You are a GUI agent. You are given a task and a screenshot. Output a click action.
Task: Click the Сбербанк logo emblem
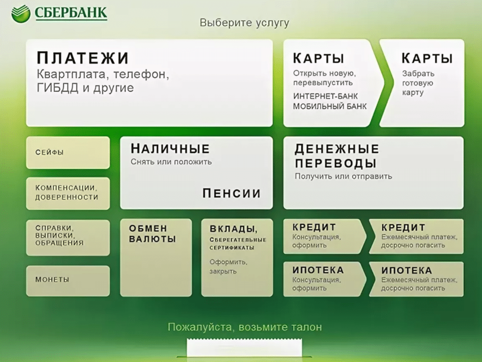coord(21,14)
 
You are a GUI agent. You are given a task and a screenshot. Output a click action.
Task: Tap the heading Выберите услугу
coord(244,23)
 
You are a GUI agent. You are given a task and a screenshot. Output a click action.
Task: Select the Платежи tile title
coord(83,58)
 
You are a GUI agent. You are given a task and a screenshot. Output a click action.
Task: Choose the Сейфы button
coord(68,152)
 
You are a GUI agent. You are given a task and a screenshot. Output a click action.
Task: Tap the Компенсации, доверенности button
coord(68,193)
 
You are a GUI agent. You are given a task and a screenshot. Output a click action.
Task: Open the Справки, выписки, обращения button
coord(68,238)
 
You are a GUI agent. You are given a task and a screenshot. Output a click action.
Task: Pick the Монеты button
coord(68,281)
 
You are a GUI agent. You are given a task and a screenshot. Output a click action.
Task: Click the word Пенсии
coord(232,193)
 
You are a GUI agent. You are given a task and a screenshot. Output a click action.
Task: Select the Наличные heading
coord(170,148)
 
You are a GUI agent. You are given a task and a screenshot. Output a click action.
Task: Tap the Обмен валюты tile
coord(156,258)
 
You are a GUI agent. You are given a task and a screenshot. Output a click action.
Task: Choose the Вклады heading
coord(233,229)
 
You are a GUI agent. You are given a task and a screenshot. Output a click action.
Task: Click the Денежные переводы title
coord(337,156)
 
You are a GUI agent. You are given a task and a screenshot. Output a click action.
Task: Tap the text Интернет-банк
coord(325,96)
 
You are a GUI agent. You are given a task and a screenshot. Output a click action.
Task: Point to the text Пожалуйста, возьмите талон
coord(245,327)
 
